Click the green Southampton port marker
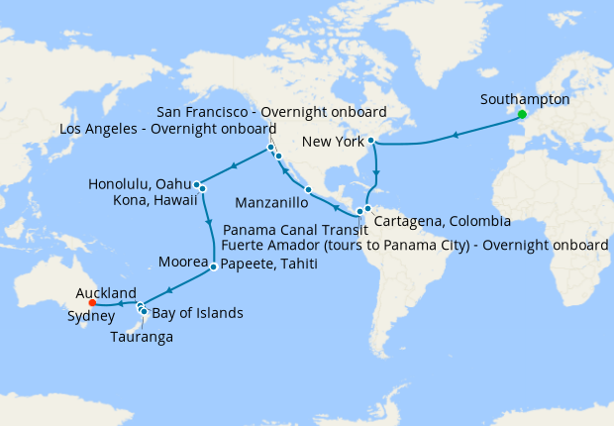521,114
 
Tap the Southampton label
524,99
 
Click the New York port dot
370,141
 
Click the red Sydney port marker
92,304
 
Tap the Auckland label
105,293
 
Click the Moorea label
183,264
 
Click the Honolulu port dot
198,184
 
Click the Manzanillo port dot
309,190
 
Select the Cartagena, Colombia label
442,220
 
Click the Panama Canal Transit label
305,230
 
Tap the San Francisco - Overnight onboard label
273,111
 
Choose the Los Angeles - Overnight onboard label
168,129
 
